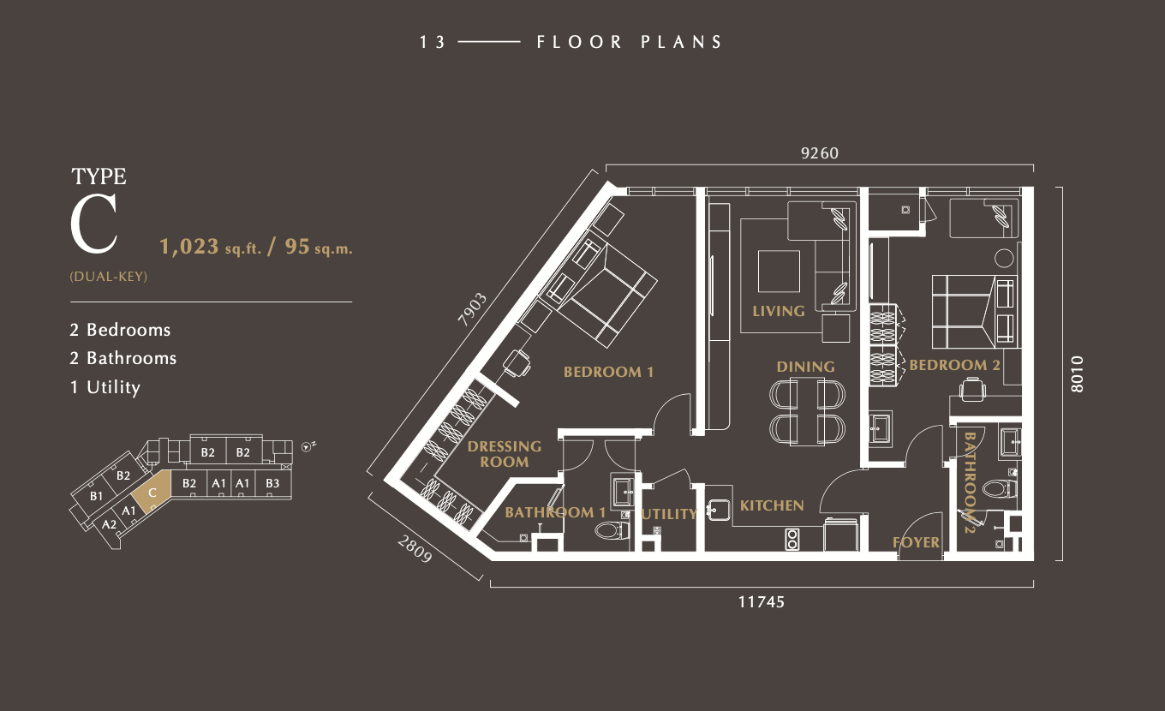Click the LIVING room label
point(779,311)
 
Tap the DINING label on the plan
point(805,367)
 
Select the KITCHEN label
point(772,505)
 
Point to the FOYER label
point(916,542)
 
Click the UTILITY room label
point(669,514)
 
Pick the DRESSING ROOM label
point(505,454)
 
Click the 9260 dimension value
point(820,153)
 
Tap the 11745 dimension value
point(762,601)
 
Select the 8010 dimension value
point(1077,374)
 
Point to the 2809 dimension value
point(415,549)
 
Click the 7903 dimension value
point(472,309)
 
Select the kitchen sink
point(720,510)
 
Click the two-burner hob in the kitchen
point(792,540)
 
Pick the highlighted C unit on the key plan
point(152,492)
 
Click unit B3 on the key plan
point(272,484)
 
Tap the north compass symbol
point(308,446)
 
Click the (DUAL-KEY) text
point(109,276)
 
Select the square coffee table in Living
point(779,271)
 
